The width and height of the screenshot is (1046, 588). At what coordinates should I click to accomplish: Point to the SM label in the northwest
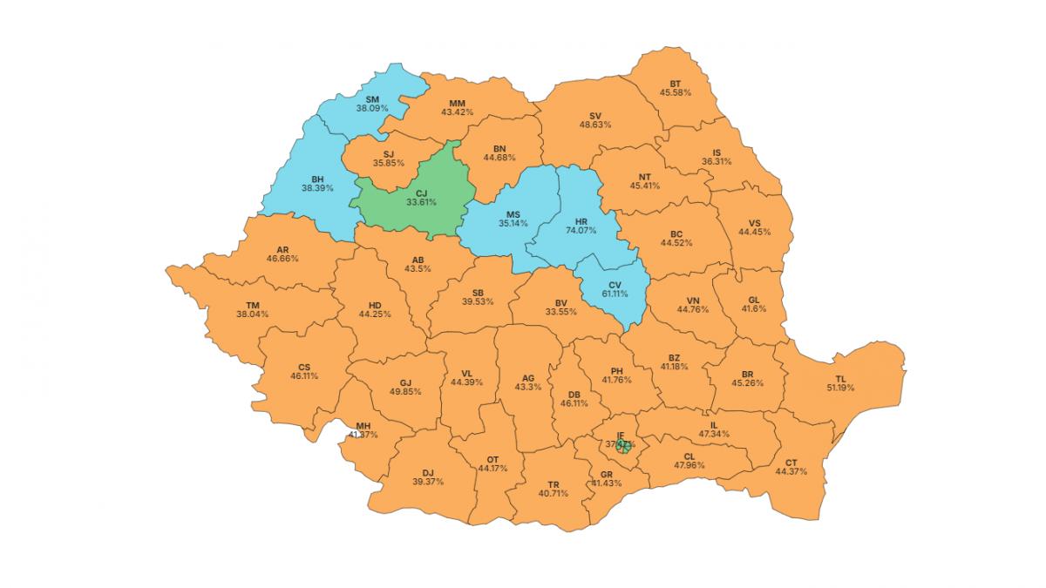tap(371, 99)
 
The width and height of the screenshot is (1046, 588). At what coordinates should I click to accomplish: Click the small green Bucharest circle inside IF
tap(622, 447)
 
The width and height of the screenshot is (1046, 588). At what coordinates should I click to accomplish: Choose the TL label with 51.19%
tap(840, 378)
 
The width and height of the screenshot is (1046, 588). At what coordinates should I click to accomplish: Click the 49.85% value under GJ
tap(405, 392)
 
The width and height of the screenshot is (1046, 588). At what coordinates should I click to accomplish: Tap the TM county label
tap(252, 305)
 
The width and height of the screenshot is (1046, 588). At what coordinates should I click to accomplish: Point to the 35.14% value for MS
tap(513, 224)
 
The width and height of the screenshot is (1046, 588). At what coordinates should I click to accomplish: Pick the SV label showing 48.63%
tap(595, 115)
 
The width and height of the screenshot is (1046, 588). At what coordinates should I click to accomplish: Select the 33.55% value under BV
tap(560, 312)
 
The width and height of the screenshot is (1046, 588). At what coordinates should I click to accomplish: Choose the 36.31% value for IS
tap(717, 162)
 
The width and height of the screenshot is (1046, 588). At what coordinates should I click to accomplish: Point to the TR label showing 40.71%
tap(553, 483)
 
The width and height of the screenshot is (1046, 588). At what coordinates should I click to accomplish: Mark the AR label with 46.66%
tap(282, 248)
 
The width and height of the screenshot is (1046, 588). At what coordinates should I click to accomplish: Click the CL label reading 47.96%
tap(689, 456)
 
